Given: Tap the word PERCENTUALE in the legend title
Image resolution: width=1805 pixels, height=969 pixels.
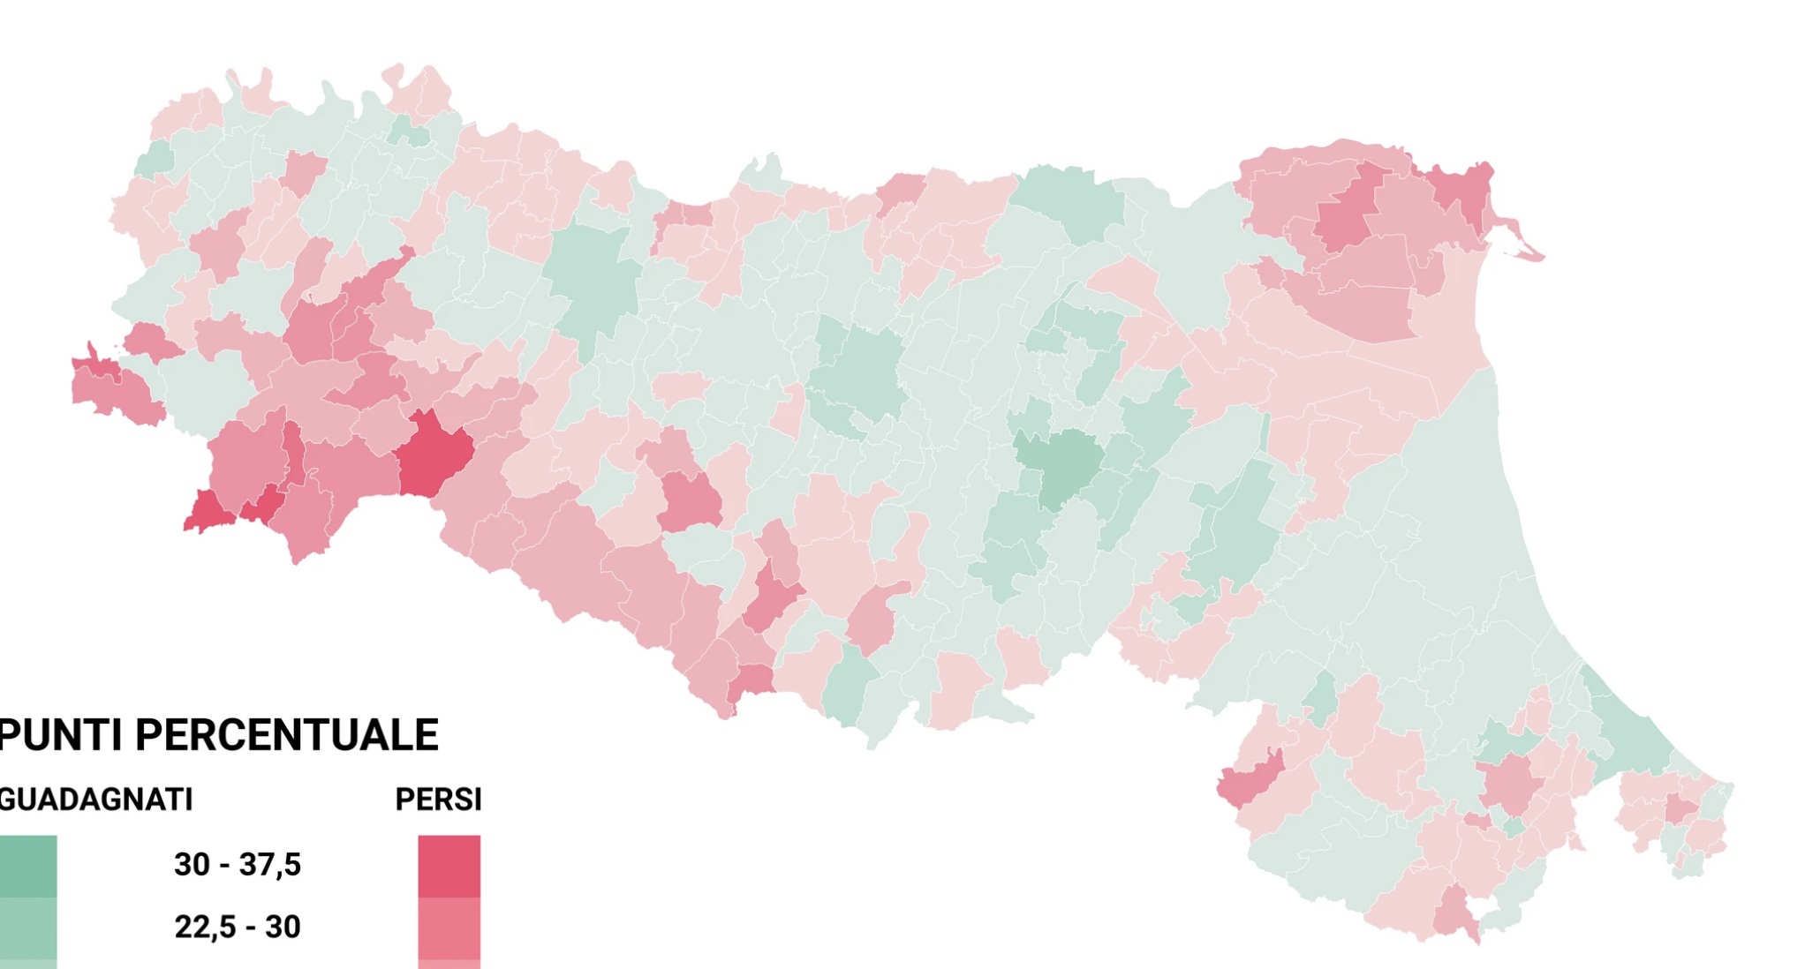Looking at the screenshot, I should pyautogui.click(x=286, y=735).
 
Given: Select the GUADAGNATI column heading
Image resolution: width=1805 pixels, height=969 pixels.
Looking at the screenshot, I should pyautogui.click(x=95, y=800).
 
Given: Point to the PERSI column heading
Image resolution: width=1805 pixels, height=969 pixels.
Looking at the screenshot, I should pyautogui.click(x=438, y=800).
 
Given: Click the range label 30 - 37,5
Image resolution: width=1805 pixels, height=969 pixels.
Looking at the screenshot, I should pyautogui.click(x=237, y=865).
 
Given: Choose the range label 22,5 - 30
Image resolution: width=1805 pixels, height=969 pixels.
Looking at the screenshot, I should pyautogui.click(x=237, y=928).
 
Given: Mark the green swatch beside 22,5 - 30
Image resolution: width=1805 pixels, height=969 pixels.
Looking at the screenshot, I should pyautogui.click(x=28, y=928).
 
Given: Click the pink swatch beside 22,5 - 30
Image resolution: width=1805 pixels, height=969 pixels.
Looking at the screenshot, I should pyautogui.click(x=449, y=928).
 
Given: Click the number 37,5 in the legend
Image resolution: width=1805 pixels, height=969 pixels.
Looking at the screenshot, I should pyautogui.click(x=269, y=865).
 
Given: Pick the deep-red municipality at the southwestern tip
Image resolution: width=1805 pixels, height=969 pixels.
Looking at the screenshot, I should pyautogui.click(x=207, y=513).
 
